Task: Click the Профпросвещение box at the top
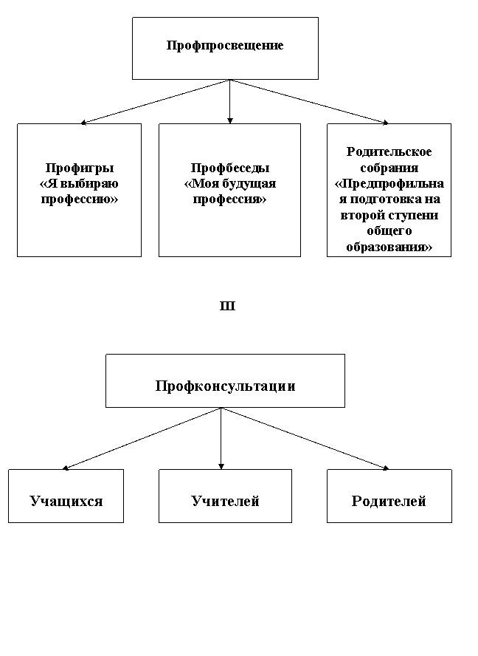pos(225,48)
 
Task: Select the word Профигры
pos(80,168)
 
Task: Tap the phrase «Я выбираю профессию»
pos(80,191)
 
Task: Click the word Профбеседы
pos(230,168)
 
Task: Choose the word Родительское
pos(389,151)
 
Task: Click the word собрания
pos(389,168)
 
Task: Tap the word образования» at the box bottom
pos(389,247)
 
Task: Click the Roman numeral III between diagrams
pos(227,306)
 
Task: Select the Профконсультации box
pos(225,380)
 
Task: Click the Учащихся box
pos(66,496)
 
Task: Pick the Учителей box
pos(225,496)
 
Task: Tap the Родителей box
pos(389,496)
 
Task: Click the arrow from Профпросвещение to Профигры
pos(155,102)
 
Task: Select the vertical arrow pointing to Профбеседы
pos(230,102)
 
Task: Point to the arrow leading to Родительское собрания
pos(309,102)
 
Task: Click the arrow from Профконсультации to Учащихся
pos(142,439)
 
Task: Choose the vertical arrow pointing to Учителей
pos(221,439)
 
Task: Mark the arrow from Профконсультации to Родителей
pos(305,439)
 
